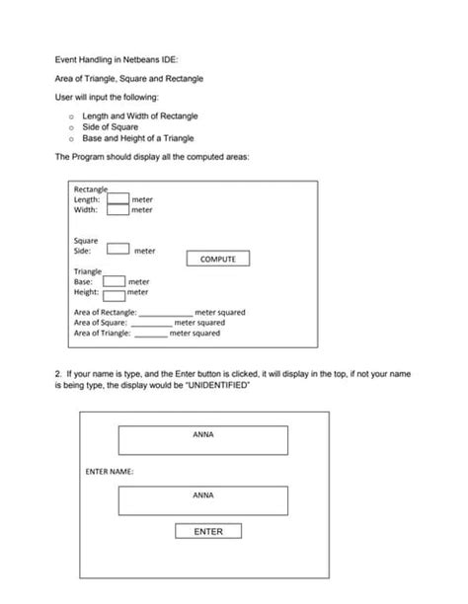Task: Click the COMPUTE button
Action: pos(218,259)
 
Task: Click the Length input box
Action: pos(117,198)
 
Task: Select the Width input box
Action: pos(117,209)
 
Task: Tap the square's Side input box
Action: pos(118,249)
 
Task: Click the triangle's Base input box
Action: pos(114,281)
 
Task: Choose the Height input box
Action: pos(114,293)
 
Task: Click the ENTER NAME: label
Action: pos(110,471)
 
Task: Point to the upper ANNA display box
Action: pos(203,440)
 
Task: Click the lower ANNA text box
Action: pos(203,500)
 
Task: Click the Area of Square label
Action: pos(101,323)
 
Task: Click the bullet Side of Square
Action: pos(110,127)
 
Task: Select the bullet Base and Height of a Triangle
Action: pos(138,138)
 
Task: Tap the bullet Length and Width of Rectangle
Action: pos(139,115)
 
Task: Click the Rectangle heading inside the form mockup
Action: pos(91,189)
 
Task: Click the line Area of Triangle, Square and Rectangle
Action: pos(129,78)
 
